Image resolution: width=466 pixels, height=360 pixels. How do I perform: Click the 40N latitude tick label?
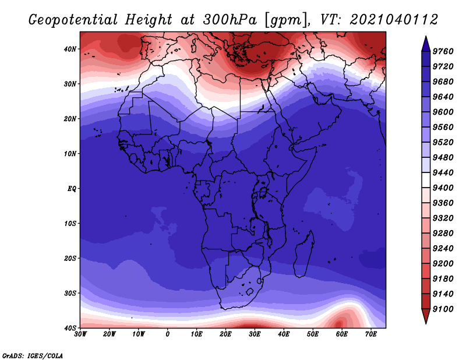point(70,49)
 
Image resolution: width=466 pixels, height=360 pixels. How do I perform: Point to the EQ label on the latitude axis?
point(72,189)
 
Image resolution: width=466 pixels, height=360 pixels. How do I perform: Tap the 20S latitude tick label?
point(70,258)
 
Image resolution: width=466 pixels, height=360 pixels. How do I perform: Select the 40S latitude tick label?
point(70,328)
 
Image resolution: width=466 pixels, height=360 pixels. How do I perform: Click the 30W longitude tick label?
point(80,334)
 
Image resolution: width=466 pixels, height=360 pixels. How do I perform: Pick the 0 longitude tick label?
point(168,334)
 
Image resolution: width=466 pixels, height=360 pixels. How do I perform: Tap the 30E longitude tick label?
point(255,334)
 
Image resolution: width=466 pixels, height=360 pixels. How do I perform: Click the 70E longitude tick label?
point(371,334)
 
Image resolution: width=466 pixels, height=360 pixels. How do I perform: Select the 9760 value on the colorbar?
point(443,51)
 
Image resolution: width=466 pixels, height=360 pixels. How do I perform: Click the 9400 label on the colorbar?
point(443,188)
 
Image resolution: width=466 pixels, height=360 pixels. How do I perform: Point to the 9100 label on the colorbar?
point(443,309)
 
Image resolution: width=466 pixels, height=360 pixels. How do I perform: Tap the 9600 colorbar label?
point(443,112)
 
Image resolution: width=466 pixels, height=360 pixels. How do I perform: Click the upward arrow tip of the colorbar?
point(426,37)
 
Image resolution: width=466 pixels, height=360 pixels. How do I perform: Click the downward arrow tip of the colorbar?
point(426,323)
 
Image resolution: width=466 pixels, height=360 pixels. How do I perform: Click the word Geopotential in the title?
point(73,20)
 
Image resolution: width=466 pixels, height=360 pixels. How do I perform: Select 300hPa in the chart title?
point(230,20)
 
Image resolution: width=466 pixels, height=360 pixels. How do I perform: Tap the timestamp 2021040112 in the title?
point(394,20)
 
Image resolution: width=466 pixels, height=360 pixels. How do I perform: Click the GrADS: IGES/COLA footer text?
point(33,355)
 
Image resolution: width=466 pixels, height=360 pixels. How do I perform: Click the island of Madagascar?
point(303,254)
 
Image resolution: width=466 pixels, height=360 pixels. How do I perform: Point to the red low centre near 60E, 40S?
point(339,323)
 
